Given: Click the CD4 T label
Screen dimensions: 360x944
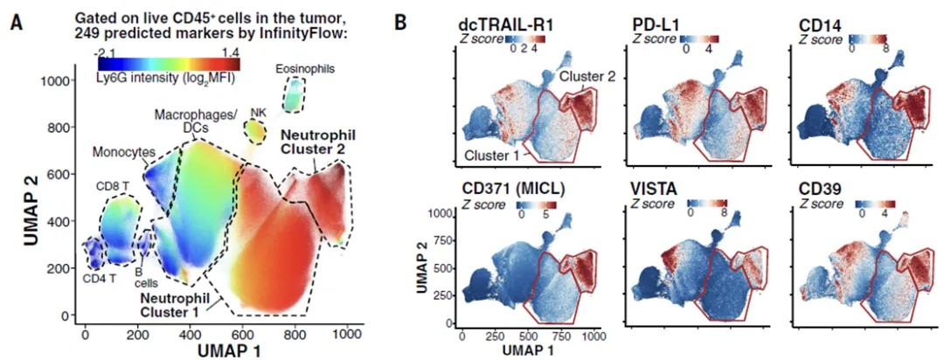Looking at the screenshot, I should [x=97, y=280].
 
